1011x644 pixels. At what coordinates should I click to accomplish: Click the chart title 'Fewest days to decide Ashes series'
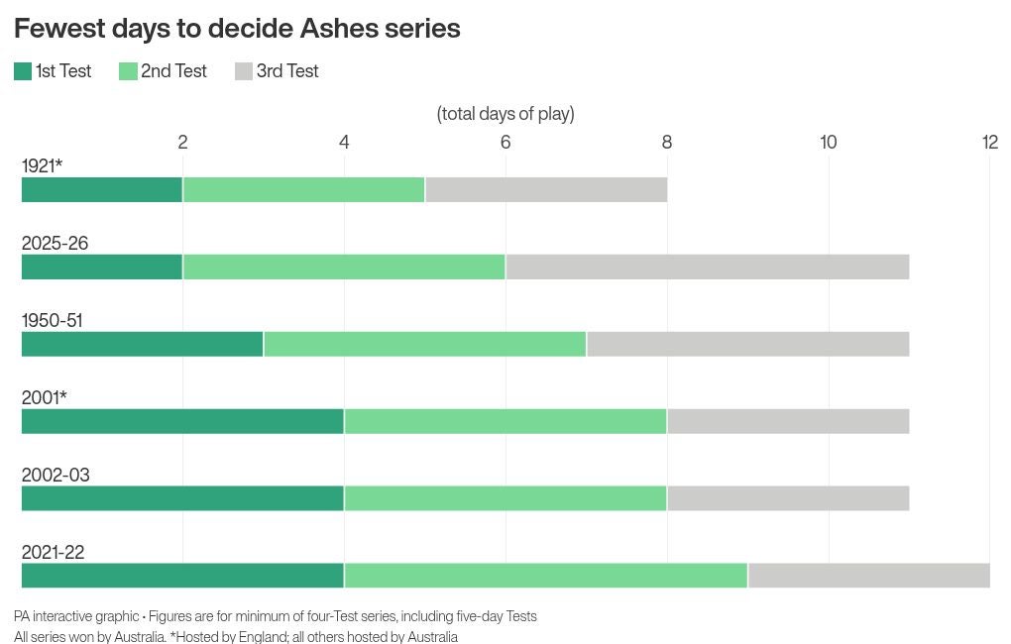click(237, 29)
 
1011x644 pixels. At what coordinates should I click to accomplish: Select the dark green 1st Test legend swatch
click(23, 71)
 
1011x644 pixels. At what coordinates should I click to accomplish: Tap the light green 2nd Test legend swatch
click(128, 71)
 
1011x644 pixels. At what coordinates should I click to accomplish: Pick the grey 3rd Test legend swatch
click(244, 71)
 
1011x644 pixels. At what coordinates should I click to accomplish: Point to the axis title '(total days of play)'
click(505, 114)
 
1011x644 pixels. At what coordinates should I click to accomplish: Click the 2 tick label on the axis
click(182, 143)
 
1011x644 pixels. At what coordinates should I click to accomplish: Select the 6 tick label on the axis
click(505, 143)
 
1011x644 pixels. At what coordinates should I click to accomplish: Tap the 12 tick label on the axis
click(989, 143)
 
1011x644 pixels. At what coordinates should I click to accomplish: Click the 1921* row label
click(42, 166)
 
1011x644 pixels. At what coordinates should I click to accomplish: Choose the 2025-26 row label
click(55, 244)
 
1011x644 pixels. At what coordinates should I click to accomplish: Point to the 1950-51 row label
click(52, 321)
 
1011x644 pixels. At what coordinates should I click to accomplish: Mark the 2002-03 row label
click(56, 476)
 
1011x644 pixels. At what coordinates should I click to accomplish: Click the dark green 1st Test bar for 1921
click(102, 190)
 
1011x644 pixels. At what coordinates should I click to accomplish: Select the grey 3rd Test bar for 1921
click(546, 190)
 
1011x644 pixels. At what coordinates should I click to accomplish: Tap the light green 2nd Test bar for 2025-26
click(344, 268)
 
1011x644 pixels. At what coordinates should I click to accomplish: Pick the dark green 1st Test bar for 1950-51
click(143, 345)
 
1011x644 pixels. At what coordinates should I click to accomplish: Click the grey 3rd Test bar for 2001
click(788, 422)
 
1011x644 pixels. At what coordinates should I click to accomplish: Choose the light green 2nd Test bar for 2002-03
click(505, 499)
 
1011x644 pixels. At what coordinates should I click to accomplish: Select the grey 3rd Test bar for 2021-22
click(868, 577)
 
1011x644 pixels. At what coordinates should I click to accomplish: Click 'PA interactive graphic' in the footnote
click(76, 616)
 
